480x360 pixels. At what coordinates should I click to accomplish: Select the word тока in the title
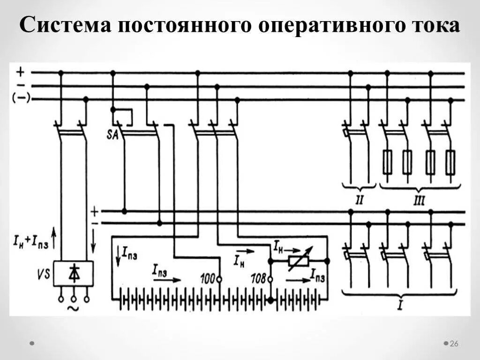tap(429, 26)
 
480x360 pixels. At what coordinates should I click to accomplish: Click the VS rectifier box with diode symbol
tap(73, 273)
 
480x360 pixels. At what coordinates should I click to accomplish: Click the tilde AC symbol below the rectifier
tap(73, 308)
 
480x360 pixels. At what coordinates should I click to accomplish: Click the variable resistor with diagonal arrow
tap(298, 260)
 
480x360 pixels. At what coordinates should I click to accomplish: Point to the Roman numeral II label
tap(360, 201)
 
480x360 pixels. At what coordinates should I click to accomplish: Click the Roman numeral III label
tap(419, 201)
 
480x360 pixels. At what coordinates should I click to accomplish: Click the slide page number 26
tap(453, 344)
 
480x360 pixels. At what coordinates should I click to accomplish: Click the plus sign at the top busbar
tap(20, 72)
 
